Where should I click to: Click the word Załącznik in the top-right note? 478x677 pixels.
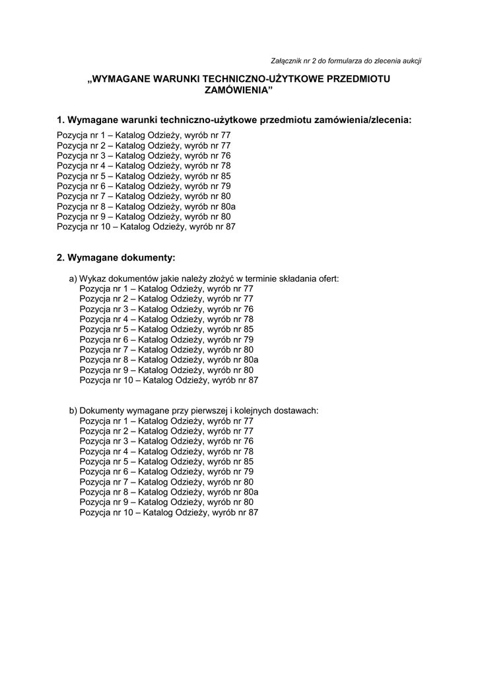coord(289,61)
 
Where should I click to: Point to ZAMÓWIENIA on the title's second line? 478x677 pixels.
coord(238,91)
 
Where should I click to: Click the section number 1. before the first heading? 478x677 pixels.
coord(61,120)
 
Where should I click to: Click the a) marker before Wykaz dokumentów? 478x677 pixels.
coord(73,278)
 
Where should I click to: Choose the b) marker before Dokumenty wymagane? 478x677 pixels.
coord(73,411)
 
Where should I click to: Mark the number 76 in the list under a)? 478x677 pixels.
coord(248,309)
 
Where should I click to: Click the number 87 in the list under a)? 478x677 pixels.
coord(252,380)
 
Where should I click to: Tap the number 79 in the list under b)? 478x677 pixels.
coord(248,471)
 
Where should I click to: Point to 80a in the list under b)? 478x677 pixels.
coord(250,492)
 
